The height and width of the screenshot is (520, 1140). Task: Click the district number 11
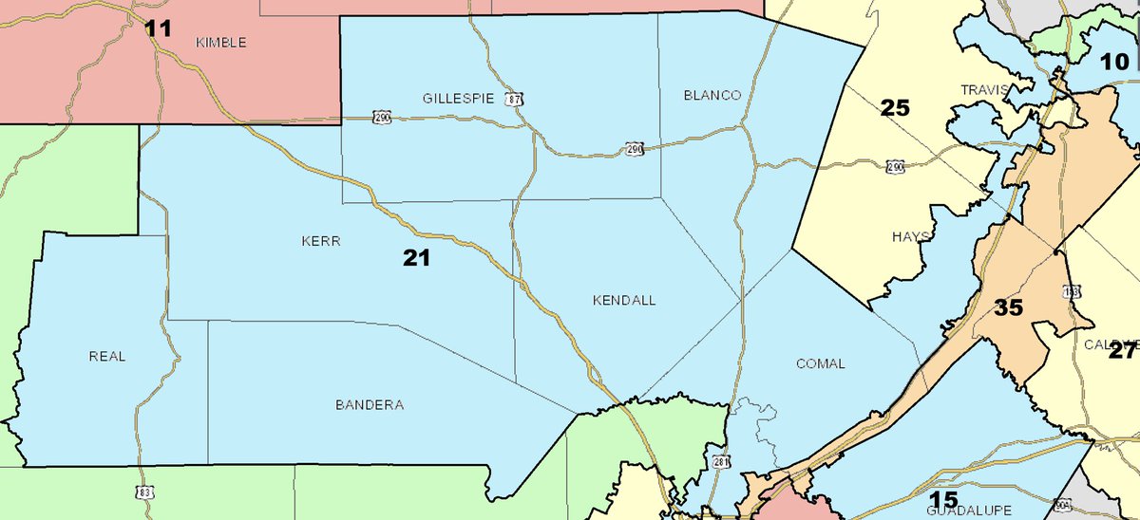[x=159, y=28]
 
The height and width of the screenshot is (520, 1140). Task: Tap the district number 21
[x=416, y=256]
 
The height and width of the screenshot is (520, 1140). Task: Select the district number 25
[x=895, y=107]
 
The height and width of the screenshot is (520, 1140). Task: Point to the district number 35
[x=1009, y=307]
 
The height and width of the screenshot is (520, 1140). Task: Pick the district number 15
[x=943, y=499]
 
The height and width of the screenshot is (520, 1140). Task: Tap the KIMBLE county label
[x=220, y=43]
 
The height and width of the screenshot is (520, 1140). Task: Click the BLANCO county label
[x=712, y=95]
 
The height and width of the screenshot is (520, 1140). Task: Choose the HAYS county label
[x=911, y=236]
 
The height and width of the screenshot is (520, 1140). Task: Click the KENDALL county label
[x=624, y=300]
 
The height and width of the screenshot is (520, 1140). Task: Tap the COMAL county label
[x=821, y=363]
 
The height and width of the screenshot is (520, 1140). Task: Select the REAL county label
[x=106, y=356]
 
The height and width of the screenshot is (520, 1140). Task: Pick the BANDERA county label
[x=370, y=405]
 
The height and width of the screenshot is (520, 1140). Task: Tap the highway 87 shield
[x=514, y=98]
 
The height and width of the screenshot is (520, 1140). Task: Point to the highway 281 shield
[x=723, y=461]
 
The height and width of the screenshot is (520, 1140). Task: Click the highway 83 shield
[x=140, y=492]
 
